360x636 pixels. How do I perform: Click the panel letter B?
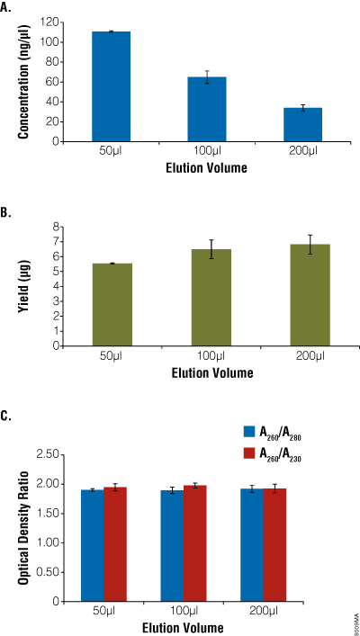pyautogui.click(x=7, y=214)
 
